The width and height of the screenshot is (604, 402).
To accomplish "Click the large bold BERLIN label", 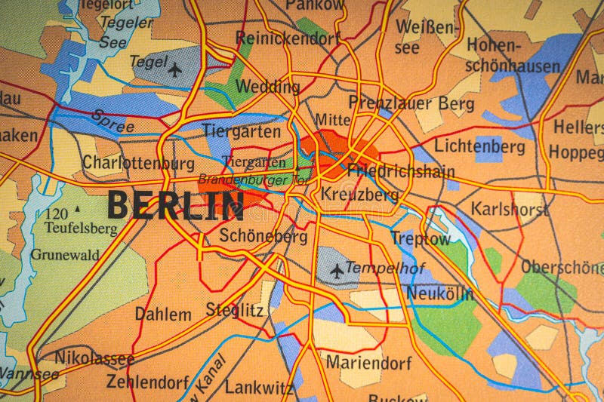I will (x=175, y=205).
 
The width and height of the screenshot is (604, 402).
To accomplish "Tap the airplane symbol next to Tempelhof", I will (x=337, y=269).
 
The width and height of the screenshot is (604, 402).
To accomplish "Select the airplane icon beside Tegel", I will (x=175, y=70).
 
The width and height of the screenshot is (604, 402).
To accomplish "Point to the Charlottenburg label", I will (x=138, y=162).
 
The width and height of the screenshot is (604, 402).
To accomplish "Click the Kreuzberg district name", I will (x=359, y=195).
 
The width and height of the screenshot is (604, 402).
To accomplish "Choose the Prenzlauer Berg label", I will (x=411, y=103).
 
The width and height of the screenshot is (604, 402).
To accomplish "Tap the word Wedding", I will (x=267, y=87).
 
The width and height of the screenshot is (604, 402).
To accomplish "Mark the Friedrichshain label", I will (x=400, y=171).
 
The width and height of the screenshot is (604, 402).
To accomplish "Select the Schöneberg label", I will (x=263, y=236).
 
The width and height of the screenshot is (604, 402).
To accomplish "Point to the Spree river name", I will (x=112, y=121).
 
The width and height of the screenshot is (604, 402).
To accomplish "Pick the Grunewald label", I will (x=65, y=255).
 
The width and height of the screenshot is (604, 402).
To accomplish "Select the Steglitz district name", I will (x=235, y=309).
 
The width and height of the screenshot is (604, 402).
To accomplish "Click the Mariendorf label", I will (x=368, y=363).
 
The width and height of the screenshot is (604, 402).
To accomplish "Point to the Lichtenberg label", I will (x=479, y=146).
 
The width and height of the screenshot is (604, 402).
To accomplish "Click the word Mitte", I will (x=332, y=120).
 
